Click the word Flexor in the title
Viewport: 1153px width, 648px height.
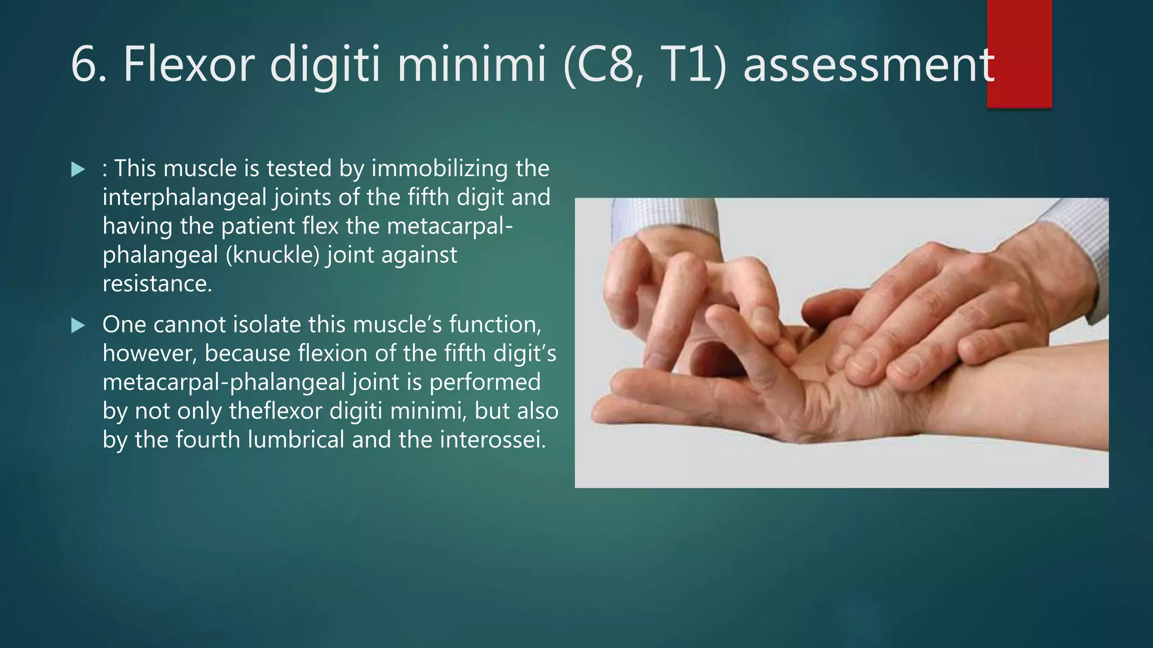point(189,65)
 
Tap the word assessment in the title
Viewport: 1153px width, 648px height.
point(868,65)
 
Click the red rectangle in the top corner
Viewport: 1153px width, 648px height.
point(1019,53)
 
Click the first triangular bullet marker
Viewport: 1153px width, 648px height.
point(78,169)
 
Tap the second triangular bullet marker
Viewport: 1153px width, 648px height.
point(78,325)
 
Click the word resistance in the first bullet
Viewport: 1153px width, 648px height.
point(157,283)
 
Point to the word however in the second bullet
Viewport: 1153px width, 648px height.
point(149,354)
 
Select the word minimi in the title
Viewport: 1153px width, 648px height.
point(472,65)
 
